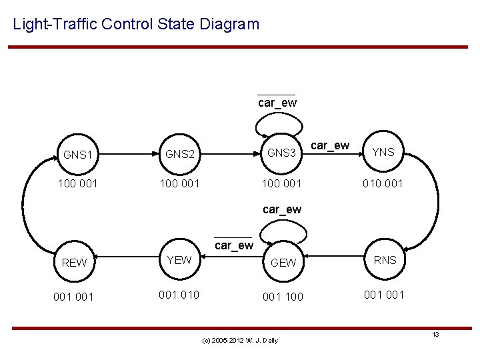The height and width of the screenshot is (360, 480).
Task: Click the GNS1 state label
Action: click(x=77, y=155)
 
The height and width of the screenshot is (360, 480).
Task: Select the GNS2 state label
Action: click(x=179, y=155)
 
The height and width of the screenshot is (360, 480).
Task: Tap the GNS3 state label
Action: click(x=281, y=153)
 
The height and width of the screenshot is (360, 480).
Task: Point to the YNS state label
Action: click(x=383, y=152)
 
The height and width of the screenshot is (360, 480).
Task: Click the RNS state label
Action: click(x=385, y=260)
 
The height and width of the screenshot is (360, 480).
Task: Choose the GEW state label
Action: click(x=283, y=263)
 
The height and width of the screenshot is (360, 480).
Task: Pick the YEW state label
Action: click(x=179, y=260)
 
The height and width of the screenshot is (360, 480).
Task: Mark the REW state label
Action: click(x=74, y=263)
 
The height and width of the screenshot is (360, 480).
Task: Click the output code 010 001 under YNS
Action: click(x=383, y=183)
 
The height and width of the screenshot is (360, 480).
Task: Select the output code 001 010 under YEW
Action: click(x=179, y=295)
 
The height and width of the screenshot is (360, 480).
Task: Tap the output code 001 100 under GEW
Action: click(x=283, y=296)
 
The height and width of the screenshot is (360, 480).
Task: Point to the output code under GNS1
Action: click(x=77, y=183)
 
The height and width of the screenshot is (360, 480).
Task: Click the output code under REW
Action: click(x=74, y=296)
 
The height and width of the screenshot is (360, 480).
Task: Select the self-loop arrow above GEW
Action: click(x=283, y=230)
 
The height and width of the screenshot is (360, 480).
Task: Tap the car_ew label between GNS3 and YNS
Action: click(x=330, y=145)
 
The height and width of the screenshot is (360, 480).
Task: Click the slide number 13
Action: click(x=435, y=334)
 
